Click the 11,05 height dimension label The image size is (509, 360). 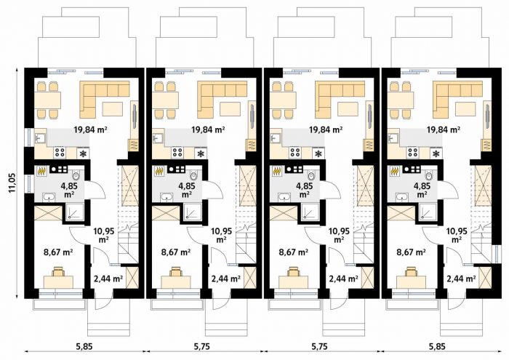[x=12, y=183]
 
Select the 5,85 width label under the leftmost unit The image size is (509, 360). [x=84, y=346]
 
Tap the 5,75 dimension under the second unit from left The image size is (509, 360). [x=202, y=346]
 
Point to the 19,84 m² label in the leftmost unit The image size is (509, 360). [x=91, y=130]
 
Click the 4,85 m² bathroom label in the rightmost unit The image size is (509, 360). [x=422, y=190]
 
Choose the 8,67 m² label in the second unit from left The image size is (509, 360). [x=176, y=252]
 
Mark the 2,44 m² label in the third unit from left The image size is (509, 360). [x=344, y=279]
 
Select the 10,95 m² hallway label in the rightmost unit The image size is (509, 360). [x=457, y=236]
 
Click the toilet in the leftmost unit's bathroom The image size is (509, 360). [x=76, y=175]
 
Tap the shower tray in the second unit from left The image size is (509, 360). [x=193, y=212]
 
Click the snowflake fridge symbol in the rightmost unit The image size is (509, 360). [x=437, y=153]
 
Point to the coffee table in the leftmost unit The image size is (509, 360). [x=113, y=108]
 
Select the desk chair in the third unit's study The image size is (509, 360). [x=294, y=271]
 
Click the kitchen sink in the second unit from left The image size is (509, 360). [x=158, y=137]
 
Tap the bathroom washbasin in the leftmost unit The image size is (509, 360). [x=49, y=196]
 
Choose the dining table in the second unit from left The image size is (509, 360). [x=165, y=100]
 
